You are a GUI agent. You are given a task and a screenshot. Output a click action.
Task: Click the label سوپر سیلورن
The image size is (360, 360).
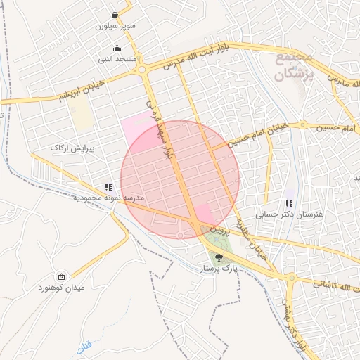click(x=115, y=27)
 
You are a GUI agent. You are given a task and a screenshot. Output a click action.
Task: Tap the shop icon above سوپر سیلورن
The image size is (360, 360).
click(x=115, y=15)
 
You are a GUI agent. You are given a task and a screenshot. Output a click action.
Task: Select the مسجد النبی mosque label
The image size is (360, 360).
click(x=117, y=59)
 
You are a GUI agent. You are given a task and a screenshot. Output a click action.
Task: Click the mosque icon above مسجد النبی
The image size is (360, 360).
click(x=117, y=48)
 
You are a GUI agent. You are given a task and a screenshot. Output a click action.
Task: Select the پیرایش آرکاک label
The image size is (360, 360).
click(x=67, y=148)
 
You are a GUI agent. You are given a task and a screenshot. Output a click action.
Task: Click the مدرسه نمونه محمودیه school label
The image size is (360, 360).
click(x=108, y=198)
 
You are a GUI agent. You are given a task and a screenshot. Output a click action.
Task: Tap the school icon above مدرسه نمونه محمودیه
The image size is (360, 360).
click(x=108, y=187)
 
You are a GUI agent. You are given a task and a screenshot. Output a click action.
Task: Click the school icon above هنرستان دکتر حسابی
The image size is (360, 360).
click(x=288, y=204)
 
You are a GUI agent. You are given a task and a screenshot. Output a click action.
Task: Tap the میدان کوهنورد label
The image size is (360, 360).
click(x=62, y=288)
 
